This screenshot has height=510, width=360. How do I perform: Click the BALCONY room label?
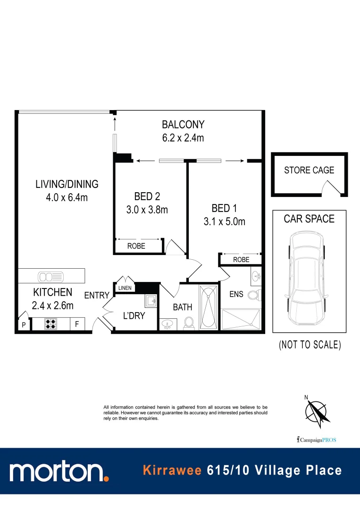[183, 125]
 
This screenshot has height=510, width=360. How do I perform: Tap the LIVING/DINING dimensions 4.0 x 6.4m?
[67, 197]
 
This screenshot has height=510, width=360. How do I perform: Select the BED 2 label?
[147, 196]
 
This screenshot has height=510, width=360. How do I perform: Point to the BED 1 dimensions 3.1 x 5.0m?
[224, 221]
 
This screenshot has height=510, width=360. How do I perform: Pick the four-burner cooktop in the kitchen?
[50, 324]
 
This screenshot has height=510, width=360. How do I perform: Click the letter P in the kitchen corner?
[23, 325]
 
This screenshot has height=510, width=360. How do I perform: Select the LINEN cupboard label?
[125, 288]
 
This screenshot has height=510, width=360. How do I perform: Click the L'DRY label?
[134, 315]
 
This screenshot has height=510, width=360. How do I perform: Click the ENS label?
[236, 294]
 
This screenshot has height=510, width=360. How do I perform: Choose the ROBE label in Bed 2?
[136, 246]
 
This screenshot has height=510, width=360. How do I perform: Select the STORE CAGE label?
[309, 170]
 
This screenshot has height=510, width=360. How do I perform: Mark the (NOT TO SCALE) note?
[310, 345]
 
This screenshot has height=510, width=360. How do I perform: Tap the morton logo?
[59, 471]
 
